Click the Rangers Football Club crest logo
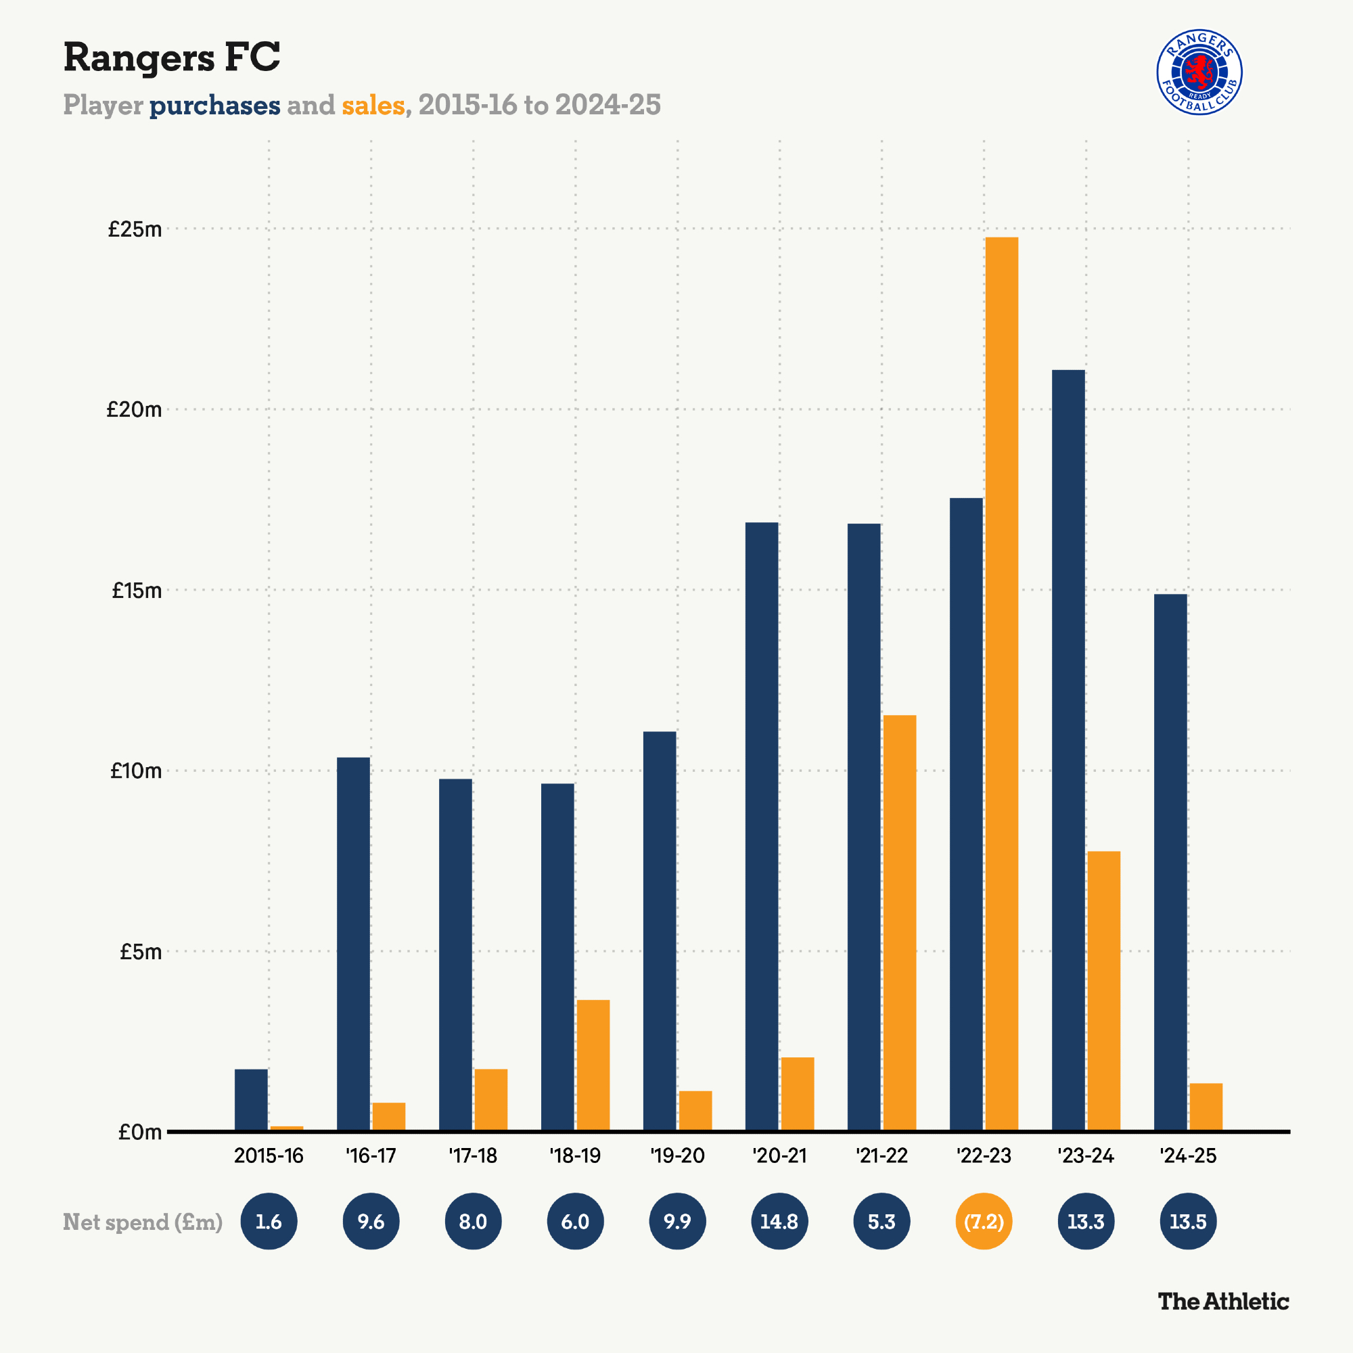pyautogui.click(x=1199, y=72)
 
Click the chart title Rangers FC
pyautogui.click(x=172, y=57)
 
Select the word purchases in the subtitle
pyautogui.click(x=214, y=106)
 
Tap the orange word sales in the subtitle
pyautogui.click(x=373, y=106)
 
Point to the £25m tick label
pyautogui.click(x=135, y=229)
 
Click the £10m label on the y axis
pyautogui.click(x=135, y=771)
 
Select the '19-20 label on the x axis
pyautogui.click(x=677, y=1155)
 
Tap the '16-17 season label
pyautogui.click(x=371, y=1155)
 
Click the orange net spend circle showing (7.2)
pyautogui.click(x=983, y=1221)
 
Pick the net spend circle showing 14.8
pyautogui.click(x=779, y=1221)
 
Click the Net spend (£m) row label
pyautogui.click(x=143, y=1221)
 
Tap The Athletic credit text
pyautogui.click(x=1222, y=1301)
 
